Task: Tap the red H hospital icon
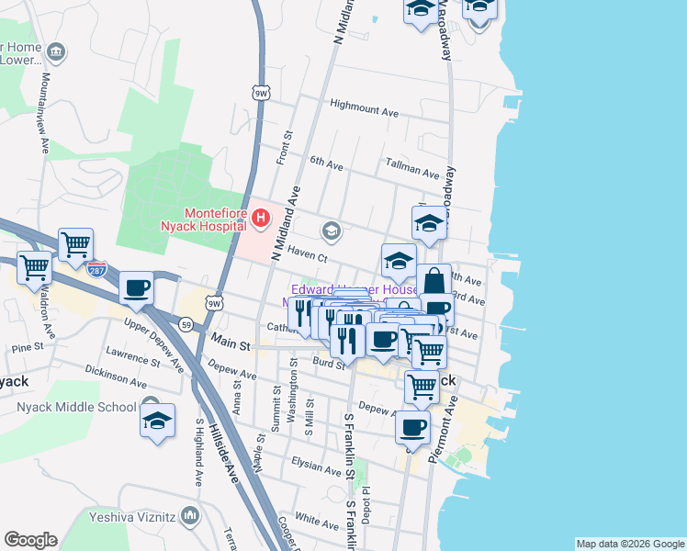[261, 219]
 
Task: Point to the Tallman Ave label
[412, 171]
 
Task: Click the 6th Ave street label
[326, 163]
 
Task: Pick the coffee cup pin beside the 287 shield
[136, 288]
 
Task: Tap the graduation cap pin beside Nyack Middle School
[158, 421]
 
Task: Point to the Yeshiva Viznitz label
[131, 517]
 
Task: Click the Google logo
[30, 540]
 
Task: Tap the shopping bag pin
[434, 281]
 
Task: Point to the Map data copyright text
[629, 544]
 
